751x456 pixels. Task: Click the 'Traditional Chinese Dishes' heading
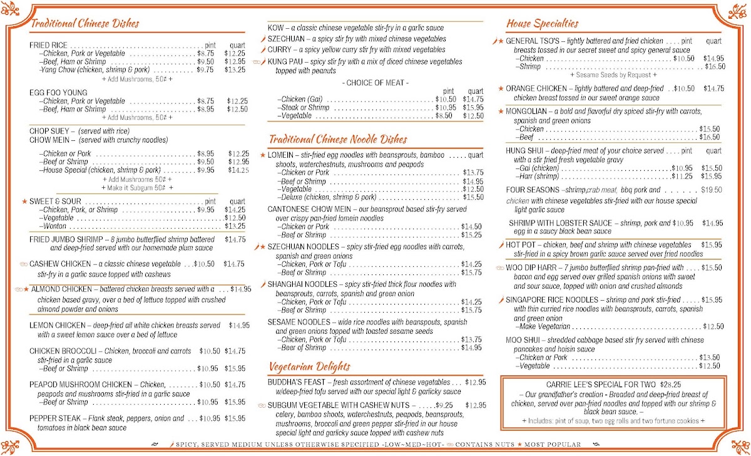[x=84, y=24]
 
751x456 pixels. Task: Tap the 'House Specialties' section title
[x=542, y=24]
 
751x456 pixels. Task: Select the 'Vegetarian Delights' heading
[x=309, y=366]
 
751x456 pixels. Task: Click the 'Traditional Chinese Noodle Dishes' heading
[x=338, y=139]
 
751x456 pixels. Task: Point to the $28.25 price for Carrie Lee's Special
[x=671, y=385]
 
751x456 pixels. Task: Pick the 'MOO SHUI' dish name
[x=523, y=340]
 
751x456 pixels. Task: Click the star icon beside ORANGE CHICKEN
[x=501, y=88]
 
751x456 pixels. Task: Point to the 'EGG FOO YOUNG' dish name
[x=58, y=93]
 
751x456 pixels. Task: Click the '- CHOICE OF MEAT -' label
[x=375, y=83]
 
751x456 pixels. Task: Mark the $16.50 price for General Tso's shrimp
[x=715, y=66]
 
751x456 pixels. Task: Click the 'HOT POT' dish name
[x=521, y=245]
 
